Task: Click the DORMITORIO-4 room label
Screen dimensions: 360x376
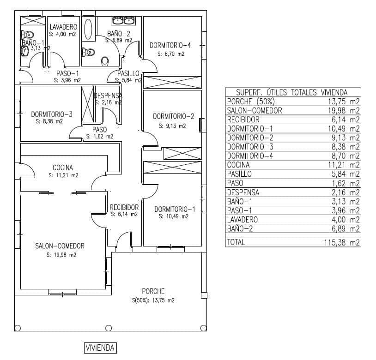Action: point(170,45)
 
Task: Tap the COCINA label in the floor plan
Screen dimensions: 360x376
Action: point(63,168)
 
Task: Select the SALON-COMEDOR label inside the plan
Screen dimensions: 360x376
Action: point(60,246)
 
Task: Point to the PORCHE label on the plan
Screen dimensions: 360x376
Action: point(153,291)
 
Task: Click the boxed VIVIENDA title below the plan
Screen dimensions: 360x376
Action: point(100,348)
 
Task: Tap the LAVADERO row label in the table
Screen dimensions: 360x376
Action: point(243,220)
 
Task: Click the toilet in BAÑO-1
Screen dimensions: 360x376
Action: point(28,35)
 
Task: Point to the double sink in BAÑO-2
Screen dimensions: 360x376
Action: point(123,20)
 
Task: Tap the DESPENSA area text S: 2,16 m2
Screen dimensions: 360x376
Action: point(108,102)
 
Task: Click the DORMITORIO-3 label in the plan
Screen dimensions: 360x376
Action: point(52,114)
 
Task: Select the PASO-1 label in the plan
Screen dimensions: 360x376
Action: point(67,73)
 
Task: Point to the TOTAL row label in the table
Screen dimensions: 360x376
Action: point(236,242)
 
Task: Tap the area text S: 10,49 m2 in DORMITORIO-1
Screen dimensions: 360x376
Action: point(174,216)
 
